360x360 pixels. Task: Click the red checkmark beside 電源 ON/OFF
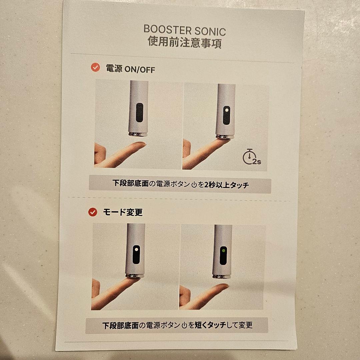point(95,68)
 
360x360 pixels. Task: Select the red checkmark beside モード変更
point(92,212)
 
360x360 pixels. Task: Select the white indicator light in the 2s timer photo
point(226,110)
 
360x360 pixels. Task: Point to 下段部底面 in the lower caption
point(120,325)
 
